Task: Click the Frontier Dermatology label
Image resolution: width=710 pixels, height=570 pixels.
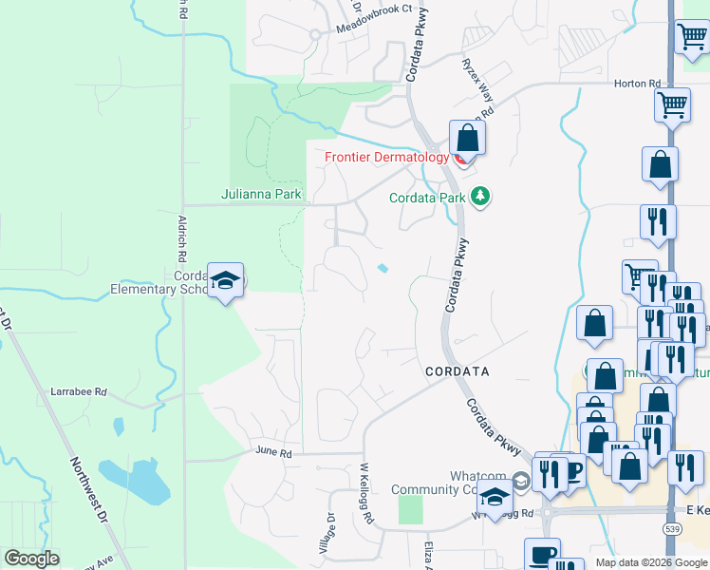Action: pos(386,157)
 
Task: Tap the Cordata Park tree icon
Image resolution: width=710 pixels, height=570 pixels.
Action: pos(481,197)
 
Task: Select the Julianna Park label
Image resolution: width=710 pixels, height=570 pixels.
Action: pos(261,195)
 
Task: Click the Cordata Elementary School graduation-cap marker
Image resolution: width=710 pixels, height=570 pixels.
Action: pos(226,280)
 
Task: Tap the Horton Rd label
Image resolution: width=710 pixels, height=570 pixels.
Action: pos(637,84)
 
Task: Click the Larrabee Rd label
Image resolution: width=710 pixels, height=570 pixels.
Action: pos(79,391)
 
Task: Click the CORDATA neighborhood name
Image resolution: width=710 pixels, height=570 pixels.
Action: pos(457,371)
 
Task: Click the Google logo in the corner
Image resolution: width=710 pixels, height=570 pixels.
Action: pos(31,559)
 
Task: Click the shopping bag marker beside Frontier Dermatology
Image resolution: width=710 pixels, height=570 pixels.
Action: pos(467,138)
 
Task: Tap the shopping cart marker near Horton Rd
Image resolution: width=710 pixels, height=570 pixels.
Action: pos(673,104)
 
